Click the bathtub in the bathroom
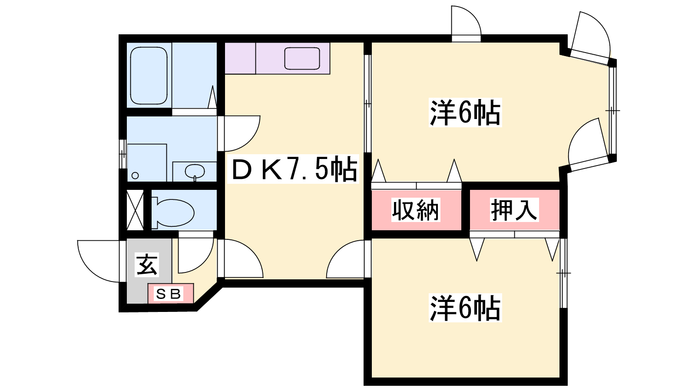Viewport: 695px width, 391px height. tap(149, 76)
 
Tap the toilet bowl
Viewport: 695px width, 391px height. tap(173, 212)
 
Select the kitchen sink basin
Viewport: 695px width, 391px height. tap(302, 58)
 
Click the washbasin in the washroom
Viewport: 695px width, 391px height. tap(195, 171)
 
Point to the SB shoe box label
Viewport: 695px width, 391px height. tap(169, 294)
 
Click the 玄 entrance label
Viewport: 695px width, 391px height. tap(147, 265)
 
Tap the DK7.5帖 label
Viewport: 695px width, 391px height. tap(293, 169)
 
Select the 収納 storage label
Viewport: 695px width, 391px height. tap(416, 210)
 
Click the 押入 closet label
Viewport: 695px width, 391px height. tap(514, 210)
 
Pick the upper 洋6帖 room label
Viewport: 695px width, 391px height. tap(465, 113)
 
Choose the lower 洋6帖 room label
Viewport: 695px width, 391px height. tap(465, 308)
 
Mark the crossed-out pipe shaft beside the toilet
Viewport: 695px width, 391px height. tap(135, 210)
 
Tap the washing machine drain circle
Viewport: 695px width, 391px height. tap(135, 176)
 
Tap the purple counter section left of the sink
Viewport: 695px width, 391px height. tap(240, 58)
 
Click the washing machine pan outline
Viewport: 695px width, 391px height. tap(147, 162)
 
